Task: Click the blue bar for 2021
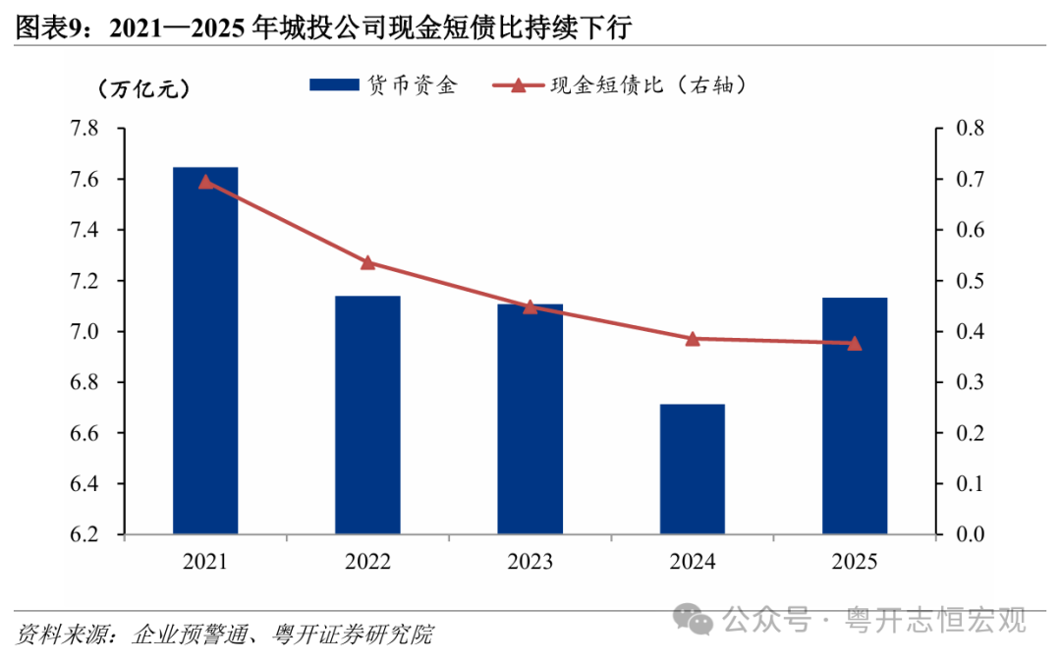tap(205, 351)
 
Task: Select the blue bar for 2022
tap(367, 414)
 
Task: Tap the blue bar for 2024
tap(693, 469)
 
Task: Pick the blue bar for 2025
tap(855, 415)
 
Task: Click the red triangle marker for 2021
tap(205, 182)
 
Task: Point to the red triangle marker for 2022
tap(368, 262)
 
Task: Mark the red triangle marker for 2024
tap(693, 339)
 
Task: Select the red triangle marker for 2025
tap(855, 344)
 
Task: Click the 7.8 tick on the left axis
tap(84, 128)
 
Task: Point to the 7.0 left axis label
tap(84, 332)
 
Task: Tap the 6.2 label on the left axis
tap(84, 534)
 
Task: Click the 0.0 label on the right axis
tap(970, 534)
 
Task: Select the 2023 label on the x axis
tap(530, 562)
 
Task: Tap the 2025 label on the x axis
tap(855, 562)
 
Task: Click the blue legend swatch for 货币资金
tap(334, 84)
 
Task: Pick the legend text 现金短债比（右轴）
tap(649, 84)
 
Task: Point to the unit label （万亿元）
tap(143, 88)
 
